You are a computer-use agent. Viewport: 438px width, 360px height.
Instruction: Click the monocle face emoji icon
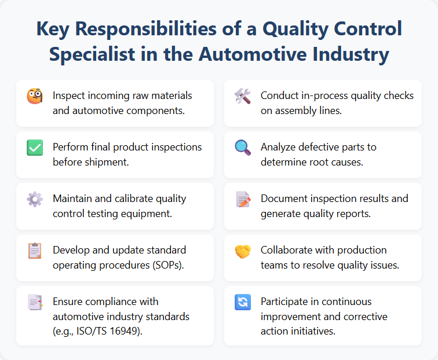click(x=35, y=96)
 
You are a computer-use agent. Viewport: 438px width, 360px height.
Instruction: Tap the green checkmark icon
click(x=35, y=148)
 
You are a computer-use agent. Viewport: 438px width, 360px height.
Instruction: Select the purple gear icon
click(x=35, y=199)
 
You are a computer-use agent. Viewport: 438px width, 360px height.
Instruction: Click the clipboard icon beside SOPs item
click(x=35, y=251)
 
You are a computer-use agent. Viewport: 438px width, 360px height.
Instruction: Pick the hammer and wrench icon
click(x=243, y=96)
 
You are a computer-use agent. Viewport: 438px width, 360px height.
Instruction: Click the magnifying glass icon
click(x=243, y=148)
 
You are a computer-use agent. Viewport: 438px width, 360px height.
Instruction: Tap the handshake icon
click(x=243, y=251)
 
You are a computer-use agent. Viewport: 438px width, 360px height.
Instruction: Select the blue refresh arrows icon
click(x=243, y=302)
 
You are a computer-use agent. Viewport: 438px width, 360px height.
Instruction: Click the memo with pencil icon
click(x=243, y=199)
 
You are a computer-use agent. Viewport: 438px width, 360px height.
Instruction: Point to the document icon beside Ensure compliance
click(x=35, y=302)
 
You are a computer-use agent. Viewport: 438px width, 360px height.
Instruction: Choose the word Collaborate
click(x=288, y=250)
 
